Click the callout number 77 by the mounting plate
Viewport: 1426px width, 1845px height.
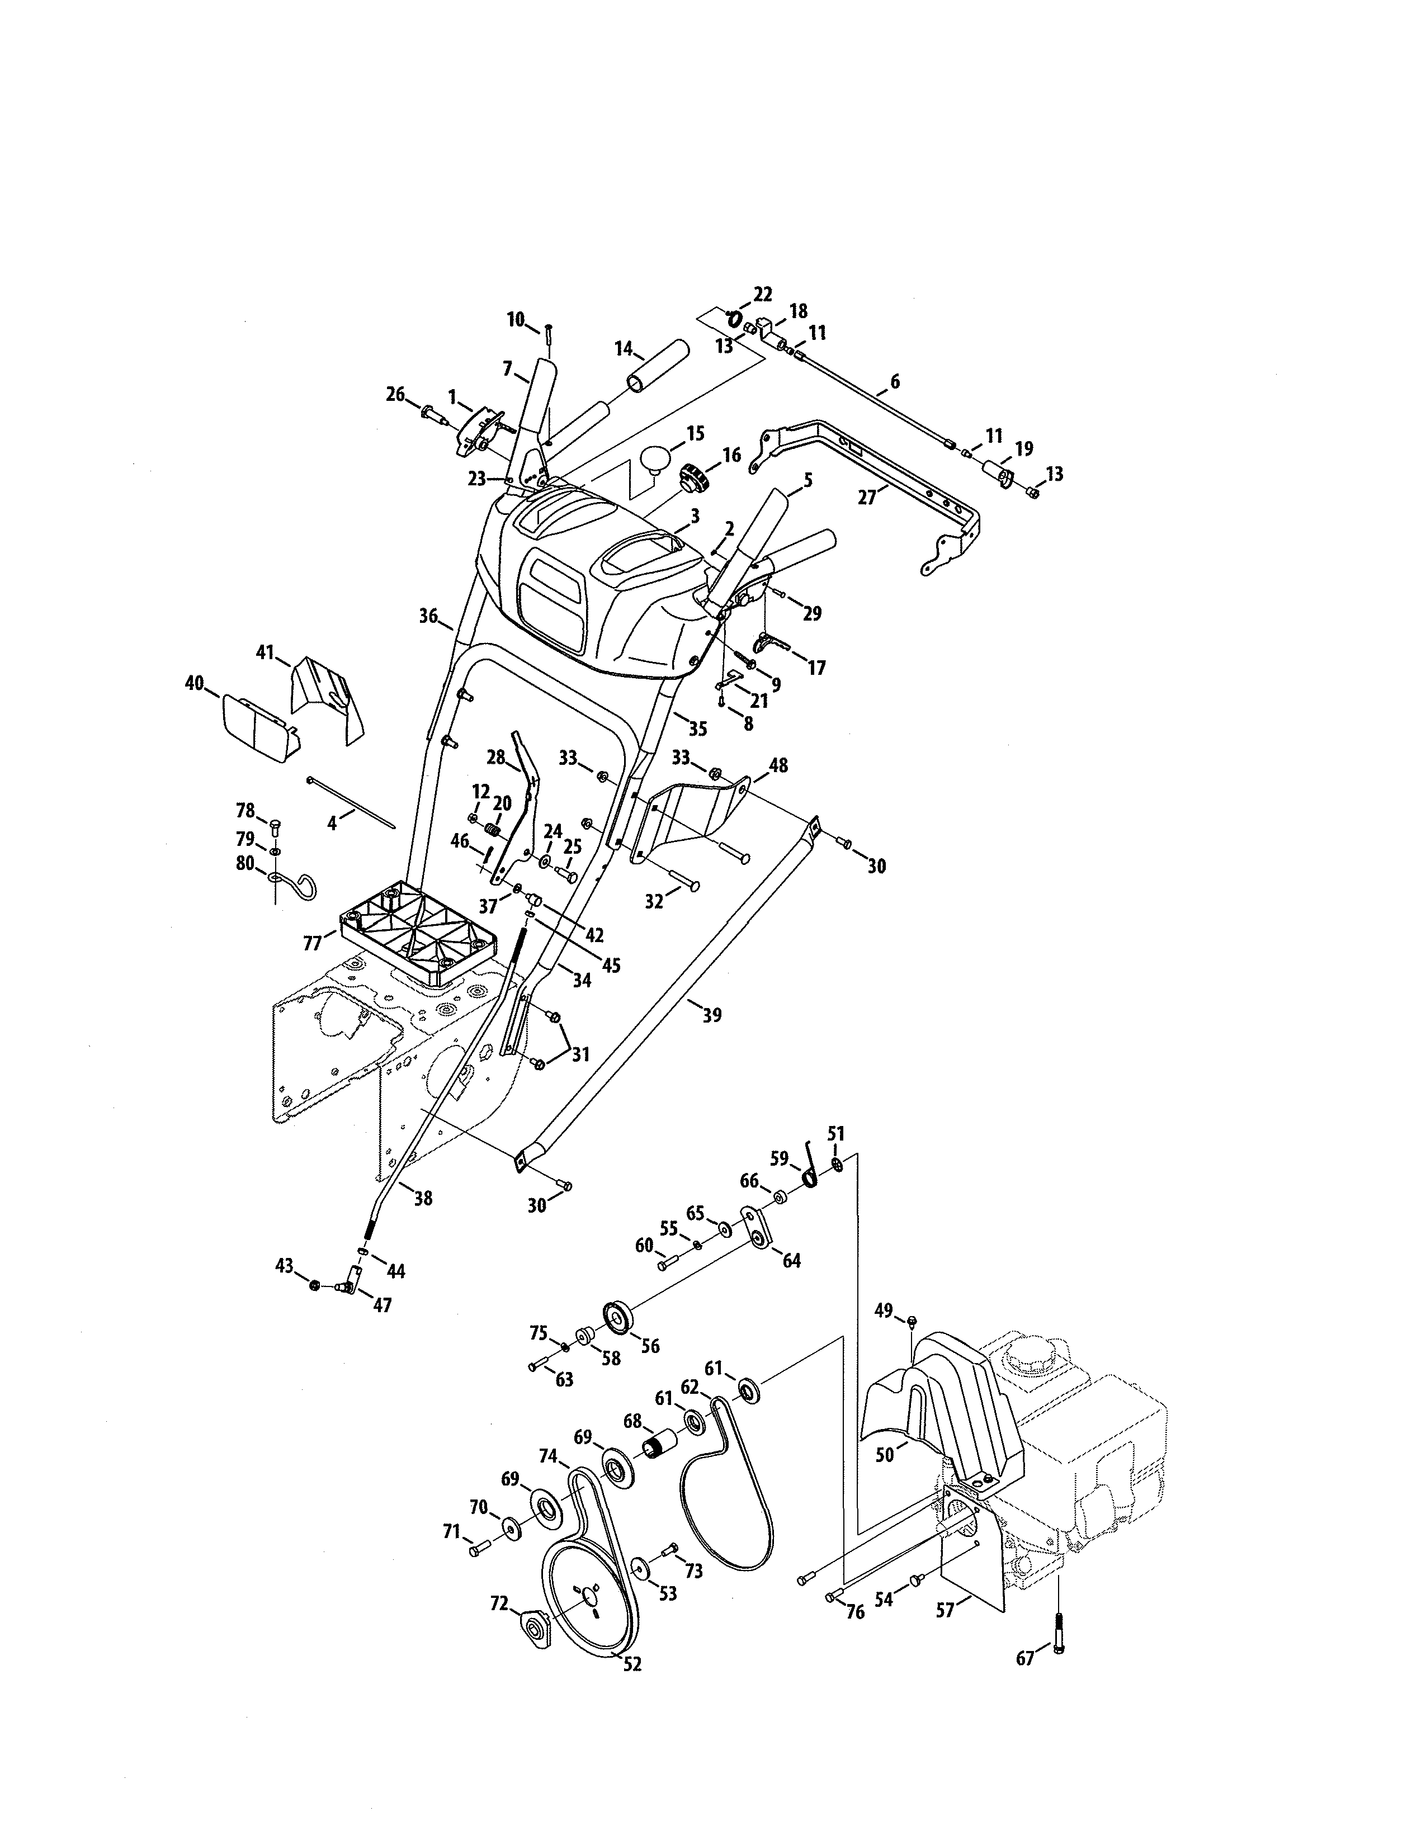pyautogui.click(x=313, y=943)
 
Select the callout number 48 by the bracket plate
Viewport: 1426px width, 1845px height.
pyautogui.click(x=778, y=765)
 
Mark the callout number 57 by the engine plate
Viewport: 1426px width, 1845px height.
pyautogui.click(x=945, y=1611)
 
